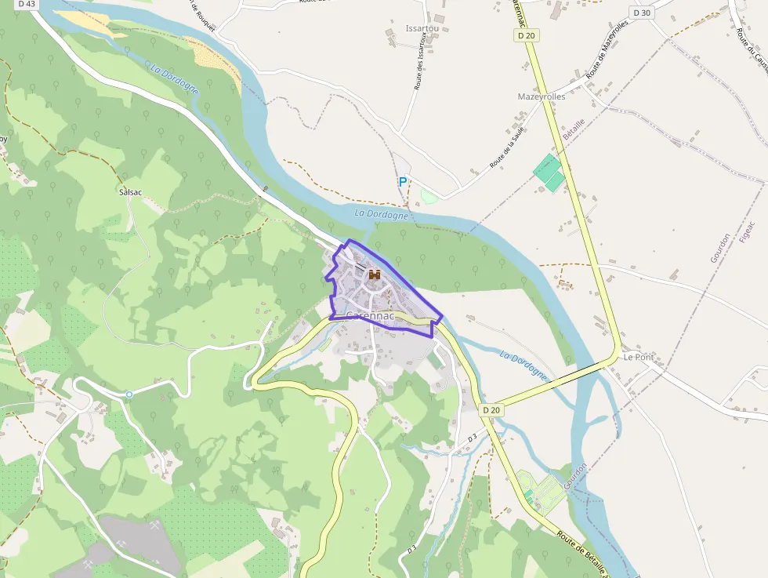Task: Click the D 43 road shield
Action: pos(27,4)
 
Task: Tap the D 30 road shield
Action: pos(641,13)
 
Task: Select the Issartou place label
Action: pos(422,28)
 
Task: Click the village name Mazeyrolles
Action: pos(542,96)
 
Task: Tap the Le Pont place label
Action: pos(639,357)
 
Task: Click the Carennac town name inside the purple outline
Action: pos(371,315)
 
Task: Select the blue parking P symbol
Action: pos(403,182)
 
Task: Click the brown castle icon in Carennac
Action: pos(375,274)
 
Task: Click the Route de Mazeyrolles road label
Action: pos(608,49)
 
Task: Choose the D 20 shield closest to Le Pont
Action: pos(491,409)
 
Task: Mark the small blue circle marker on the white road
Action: pos(129,394)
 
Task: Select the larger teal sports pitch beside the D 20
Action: pos(546,166)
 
